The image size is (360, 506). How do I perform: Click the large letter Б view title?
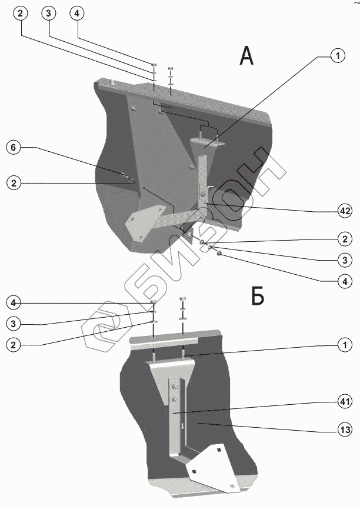(x=258, y=298)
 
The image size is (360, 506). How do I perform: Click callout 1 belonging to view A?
(x=337, y=56)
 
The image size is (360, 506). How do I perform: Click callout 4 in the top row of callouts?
(x=77, y=14)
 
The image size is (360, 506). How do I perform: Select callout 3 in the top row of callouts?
(x=49, y=14)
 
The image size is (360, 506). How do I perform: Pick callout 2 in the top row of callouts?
(x=21, y=14)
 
